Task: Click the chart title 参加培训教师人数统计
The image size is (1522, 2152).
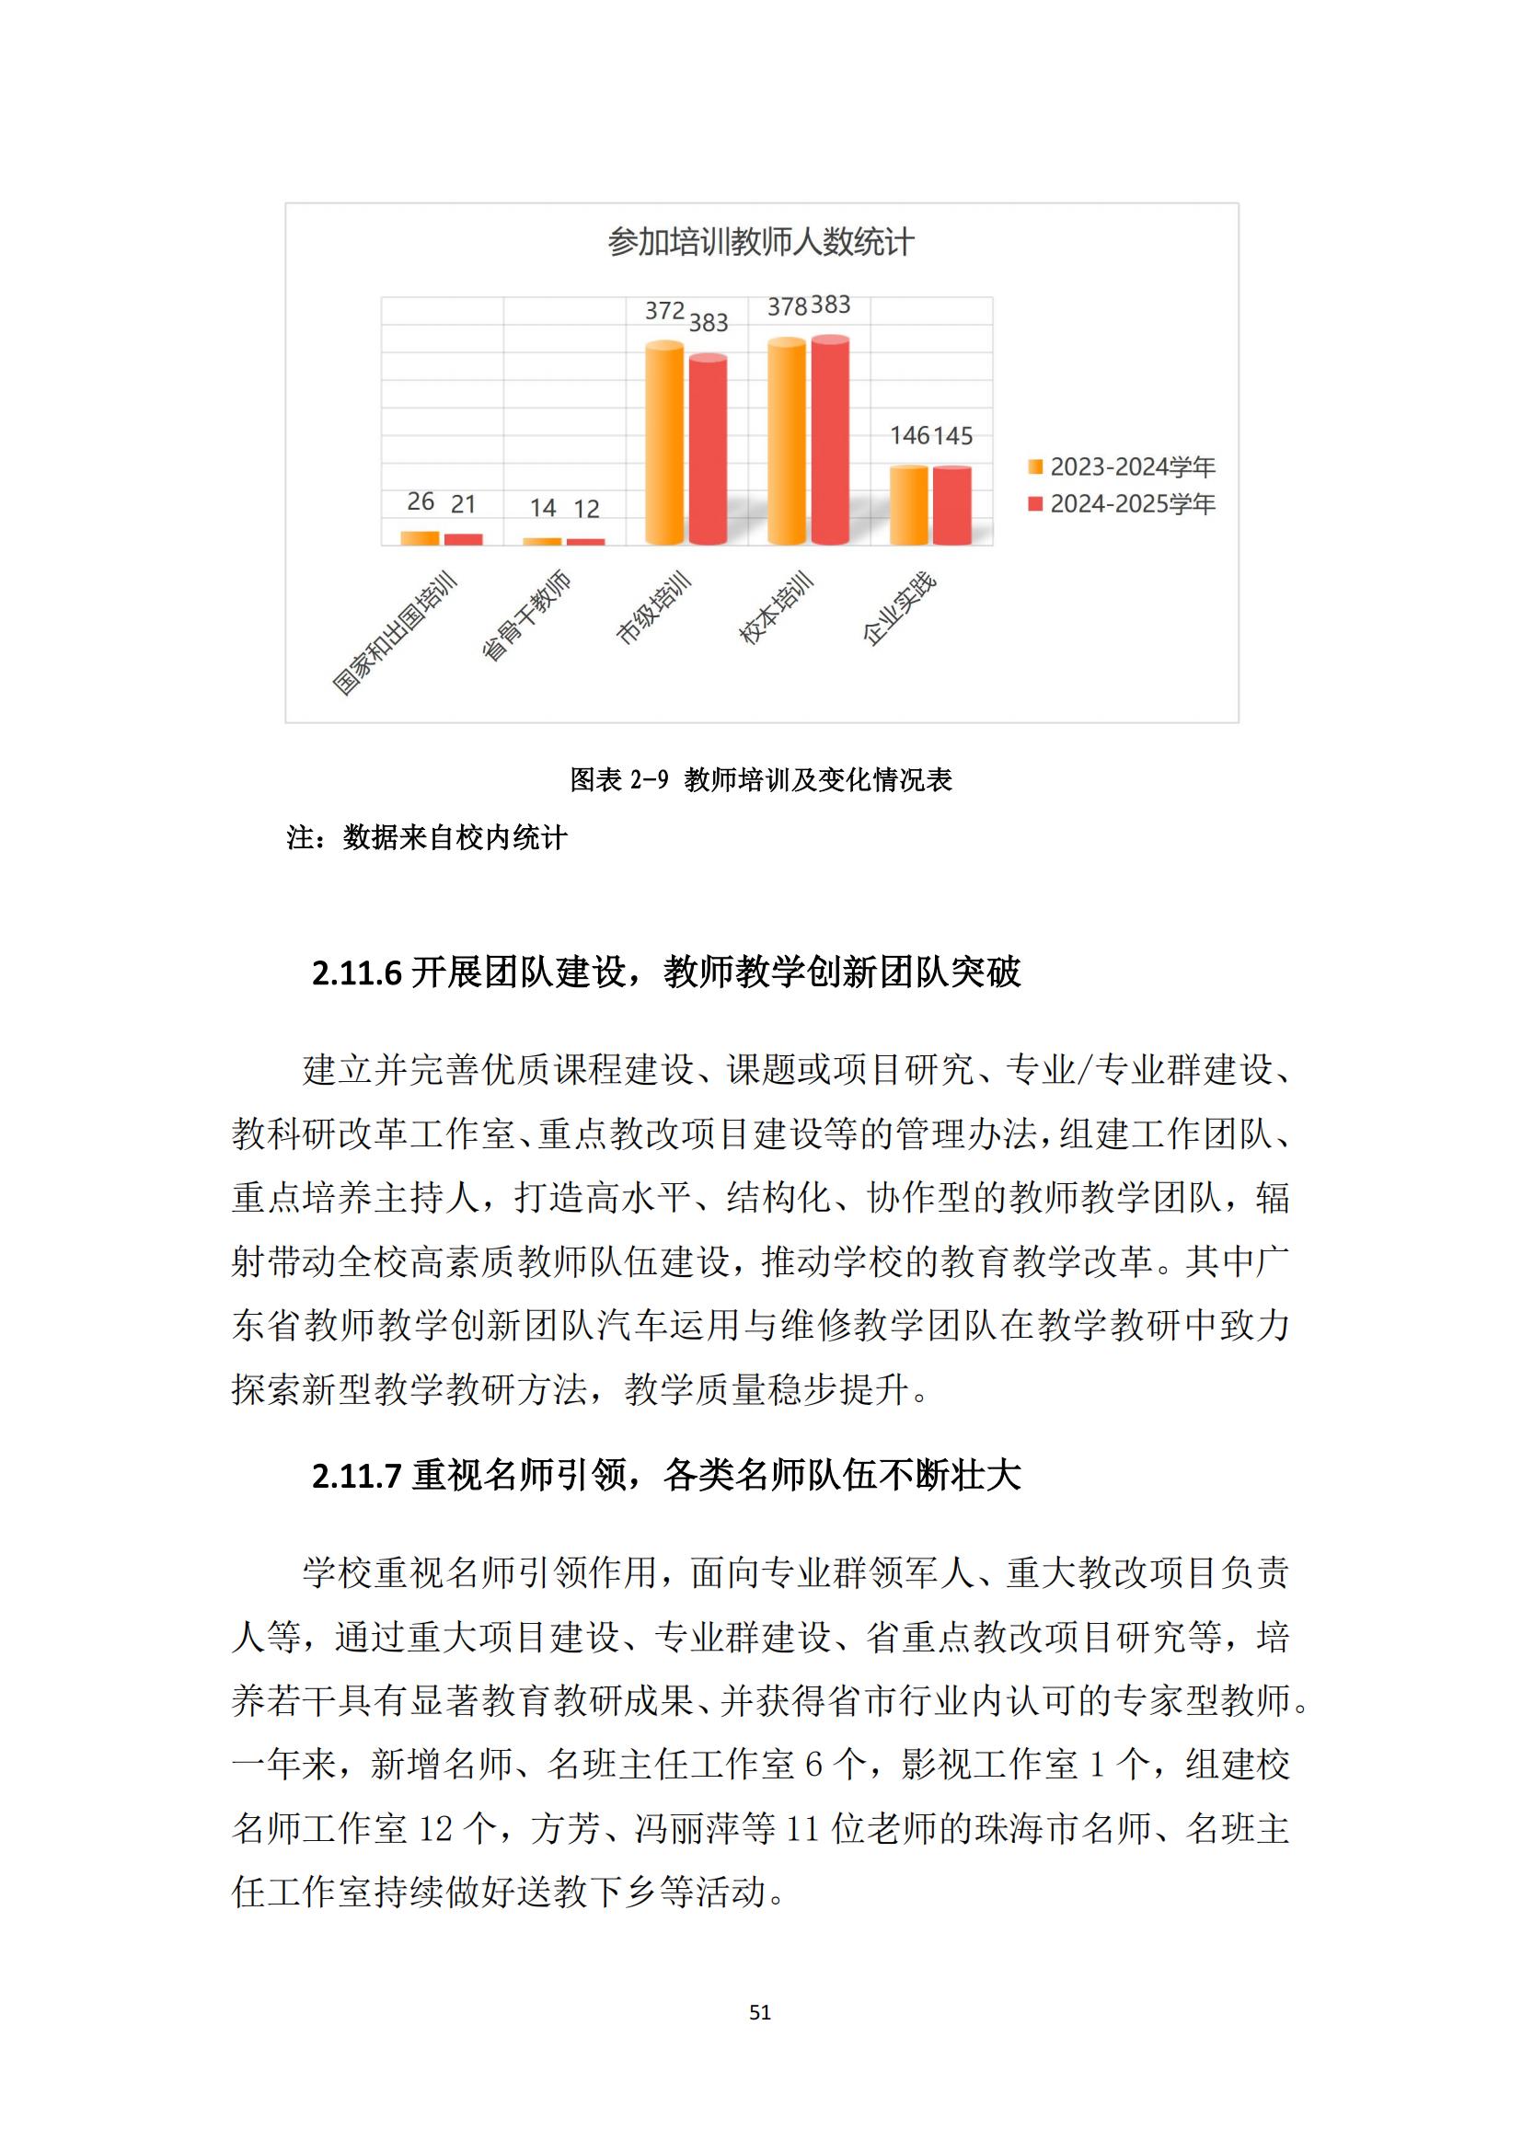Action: coord(760,243)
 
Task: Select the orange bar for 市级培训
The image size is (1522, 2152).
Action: coord(664,443)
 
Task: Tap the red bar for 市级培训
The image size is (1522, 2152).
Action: coord(708,450)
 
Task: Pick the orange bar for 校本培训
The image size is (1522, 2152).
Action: coord(786,442)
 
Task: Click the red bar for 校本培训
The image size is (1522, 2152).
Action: coord(830,441)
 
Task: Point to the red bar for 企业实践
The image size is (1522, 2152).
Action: coord(952,505)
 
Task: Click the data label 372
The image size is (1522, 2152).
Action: coord(664,311)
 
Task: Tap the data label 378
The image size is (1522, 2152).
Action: coord(788,307)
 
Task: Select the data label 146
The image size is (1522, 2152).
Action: coord(909,436)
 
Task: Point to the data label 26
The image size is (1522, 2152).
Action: coord(420,502)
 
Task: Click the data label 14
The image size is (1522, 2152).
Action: coord(543,508)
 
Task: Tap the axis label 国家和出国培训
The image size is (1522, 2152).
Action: coord(396,634)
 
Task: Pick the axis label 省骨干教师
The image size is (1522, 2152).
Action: coord(525,615)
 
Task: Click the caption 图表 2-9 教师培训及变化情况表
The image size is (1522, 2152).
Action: coord(761,780)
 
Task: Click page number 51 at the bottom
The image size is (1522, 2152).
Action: coord(760,2012)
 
